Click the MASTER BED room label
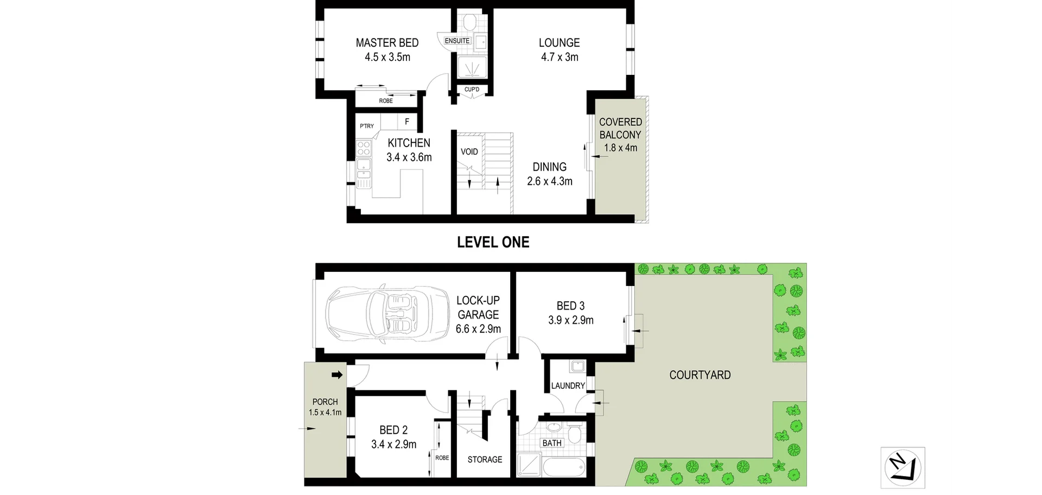pos(387,43)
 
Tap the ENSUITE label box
pos(457,41)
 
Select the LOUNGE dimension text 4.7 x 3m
pos(560,57)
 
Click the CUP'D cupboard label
pos(472,90)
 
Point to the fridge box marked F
pos(406,122)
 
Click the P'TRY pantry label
pos(367,126)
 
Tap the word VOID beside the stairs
pos(469,152)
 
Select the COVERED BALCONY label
pos(620,129)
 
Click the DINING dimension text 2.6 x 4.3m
pos(550,181)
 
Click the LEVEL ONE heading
pos(493,242)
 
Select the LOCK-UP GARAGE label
pos(478,308)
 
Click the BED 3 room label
pos(570,306)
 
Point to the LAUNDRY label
pos(568,386)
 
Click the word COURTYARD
pos(700,375)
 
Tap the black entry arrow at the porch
pos(337,375)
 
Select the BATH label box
pos(552,443)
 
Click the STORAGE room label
pos(485,460)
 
